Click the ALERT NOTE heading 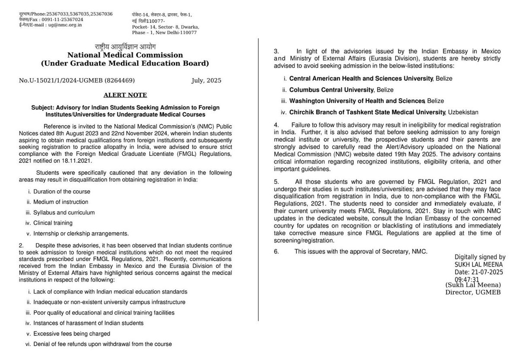(x=125, y=95)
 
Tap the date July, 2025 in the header (x=206, y=80)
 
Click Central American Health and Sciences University (x=361, y=79)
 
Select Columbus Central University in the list (x=331, y=90)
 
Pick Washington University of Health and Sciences (x=357, y=101)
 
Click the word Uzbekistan (x=463, y=112)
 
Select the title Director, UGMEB (x=473, y=293)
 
